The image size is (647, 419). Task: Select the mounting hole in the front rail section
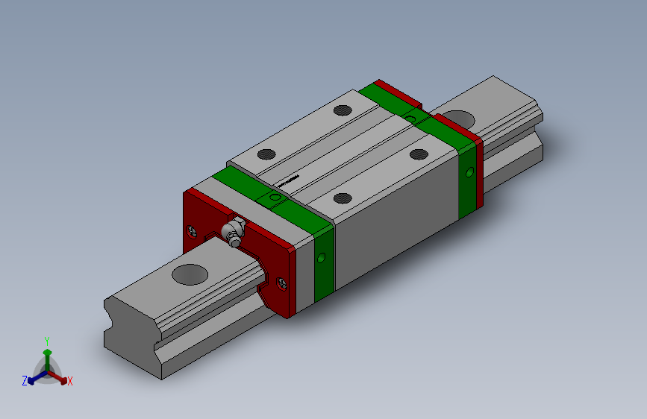pos(190,274)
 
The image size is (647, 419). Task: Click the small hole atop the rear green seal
pos(411,117)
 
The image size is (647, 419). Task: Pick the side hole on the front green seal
pos(322,258)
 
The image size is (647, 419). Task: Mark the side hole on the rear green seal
pos(469,171)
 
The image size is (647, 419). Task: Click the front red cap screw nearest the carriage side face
pos(281,283)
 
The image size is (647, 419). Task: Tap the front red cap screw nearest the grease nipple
pos(193,231)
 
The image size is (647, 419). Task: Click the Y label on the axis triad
pos(46,339)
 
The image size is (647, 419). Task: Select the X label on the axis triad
pos(69,381)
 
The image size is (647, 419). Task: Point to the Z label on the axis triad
pos(25,380)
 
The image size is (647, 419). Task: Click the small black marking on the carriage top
pos(287,180)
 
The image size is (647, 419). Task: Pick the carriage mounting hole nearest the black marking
pos(266,155)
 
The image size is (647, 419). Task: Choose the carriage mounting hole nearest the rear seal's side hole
pos(419,155)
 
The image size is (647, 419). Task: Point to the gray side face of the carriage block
pos(396,224)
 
